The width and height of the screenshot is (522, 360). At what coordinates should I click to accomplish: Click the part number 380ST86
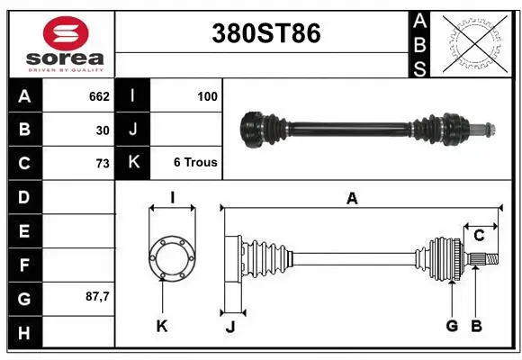(x=265, y=33)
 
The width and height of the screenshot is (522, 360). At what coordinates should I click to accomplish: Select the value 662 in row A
(x=98, y=95)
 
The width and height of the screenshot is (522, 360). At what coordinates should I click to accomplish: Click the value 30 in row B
(x=103, y=130)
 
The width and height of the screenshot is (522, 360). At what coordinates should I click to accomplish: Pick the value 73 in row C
(x=102, y=164)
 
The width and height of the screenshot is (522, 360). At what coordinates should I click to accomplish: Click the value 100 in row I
(x=207, y=95)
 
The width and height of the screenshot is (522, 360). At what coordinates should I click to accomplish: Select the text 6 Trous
(x=195, y=164)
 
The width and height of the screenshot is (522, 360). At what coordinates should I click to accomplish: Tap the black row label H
(x=24, y=333)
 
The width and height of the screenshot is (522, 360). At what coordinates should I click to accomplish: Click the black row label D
(x=24, y=196)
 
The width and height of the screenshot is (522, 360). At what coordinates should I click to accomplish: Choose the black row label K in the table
(x=133, y=163)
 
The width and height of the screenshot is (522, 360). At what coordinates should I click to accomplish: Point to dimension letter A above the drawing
(x=352, y=199)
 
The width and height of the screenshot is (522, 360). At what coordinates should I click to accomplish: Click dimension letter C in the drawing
(x=480, y=236)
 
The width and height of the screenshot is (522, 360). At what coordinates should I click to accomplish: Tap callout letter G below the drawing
(x=452, y=326)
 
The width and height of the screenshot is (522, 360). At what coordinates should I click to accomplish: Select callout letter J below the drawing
(x=229, y=327)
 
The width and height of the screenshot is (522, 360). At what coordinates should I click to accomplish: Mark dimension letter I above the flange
(x=171, y=198)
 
